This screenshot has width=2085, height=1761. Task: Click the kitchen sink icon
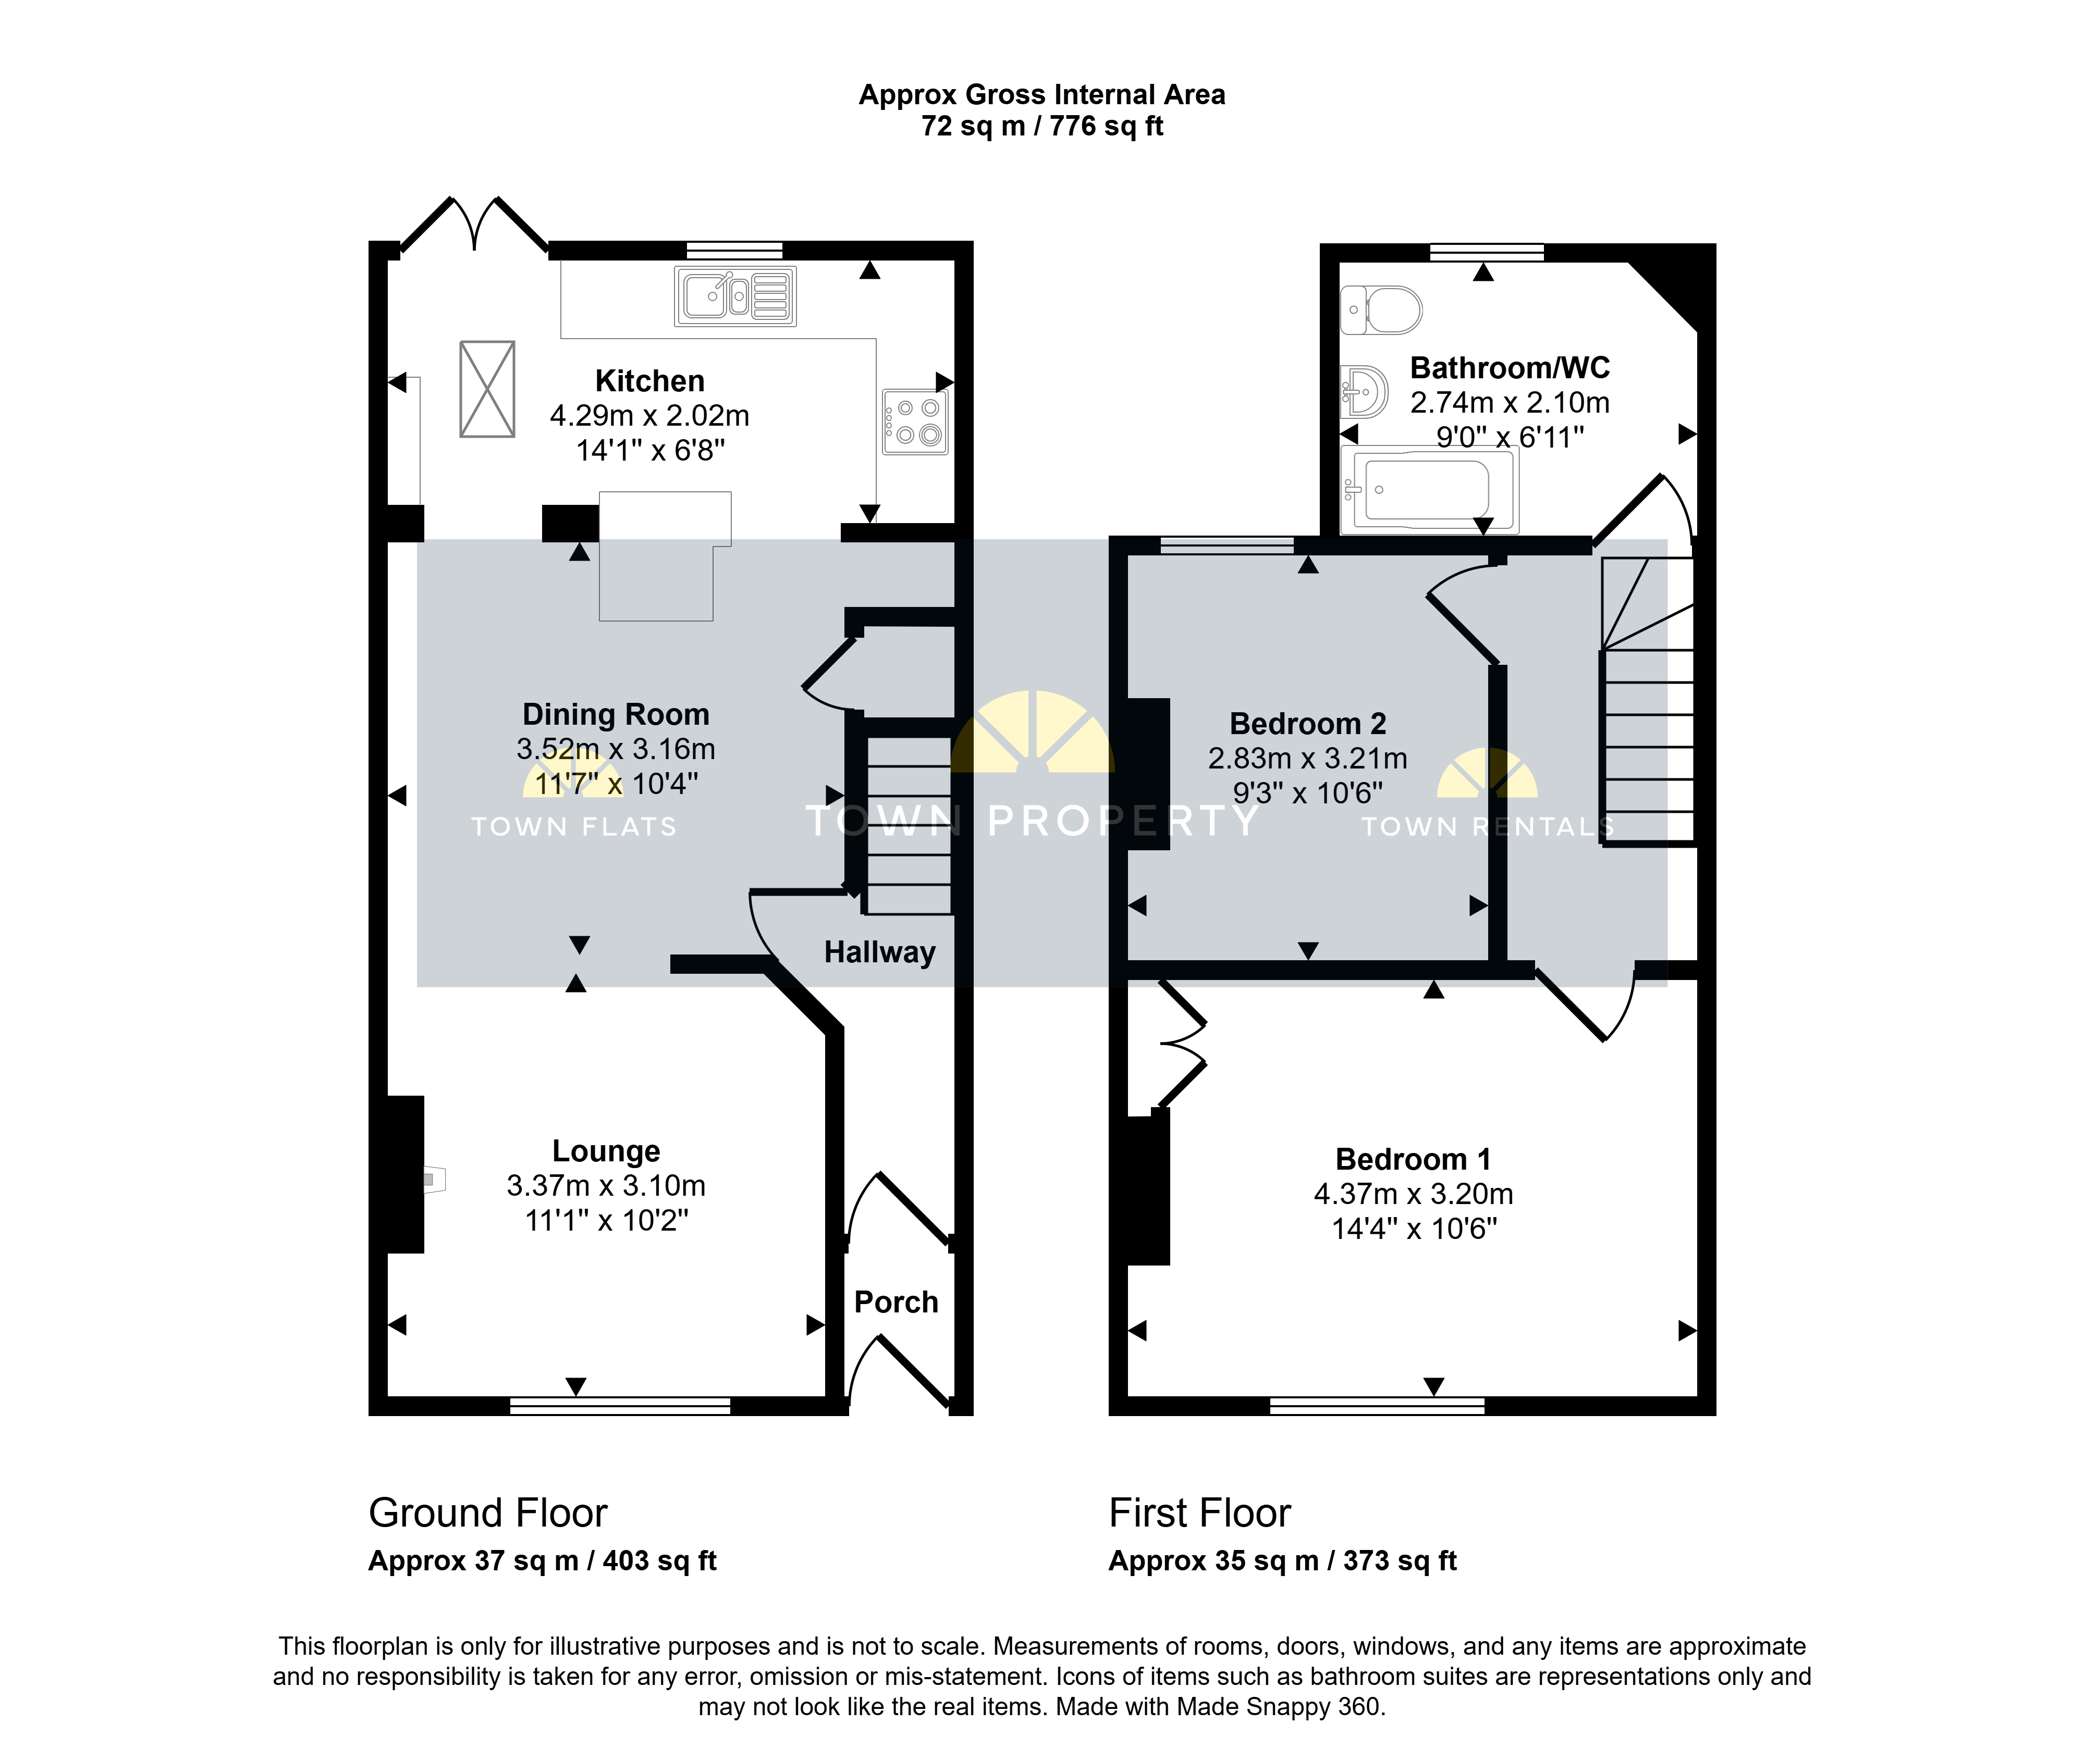pos(735,296)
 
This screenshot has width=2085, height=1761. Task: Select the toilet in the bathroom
pos(1381,309)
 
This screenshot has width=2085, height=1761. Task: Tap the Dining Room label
pos(616,715)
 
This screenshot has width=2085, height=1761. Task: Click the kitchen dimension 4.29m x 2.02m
pos(650,415)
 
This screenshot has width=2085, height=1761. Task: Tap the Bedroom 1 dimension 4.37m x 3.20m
pos(1414,1194)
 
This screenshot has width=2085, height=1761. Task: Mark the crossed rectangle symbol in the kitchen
pos(487,389)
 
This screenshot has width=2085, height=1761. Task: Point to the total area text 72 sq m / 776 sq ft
pos(1042,126)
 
